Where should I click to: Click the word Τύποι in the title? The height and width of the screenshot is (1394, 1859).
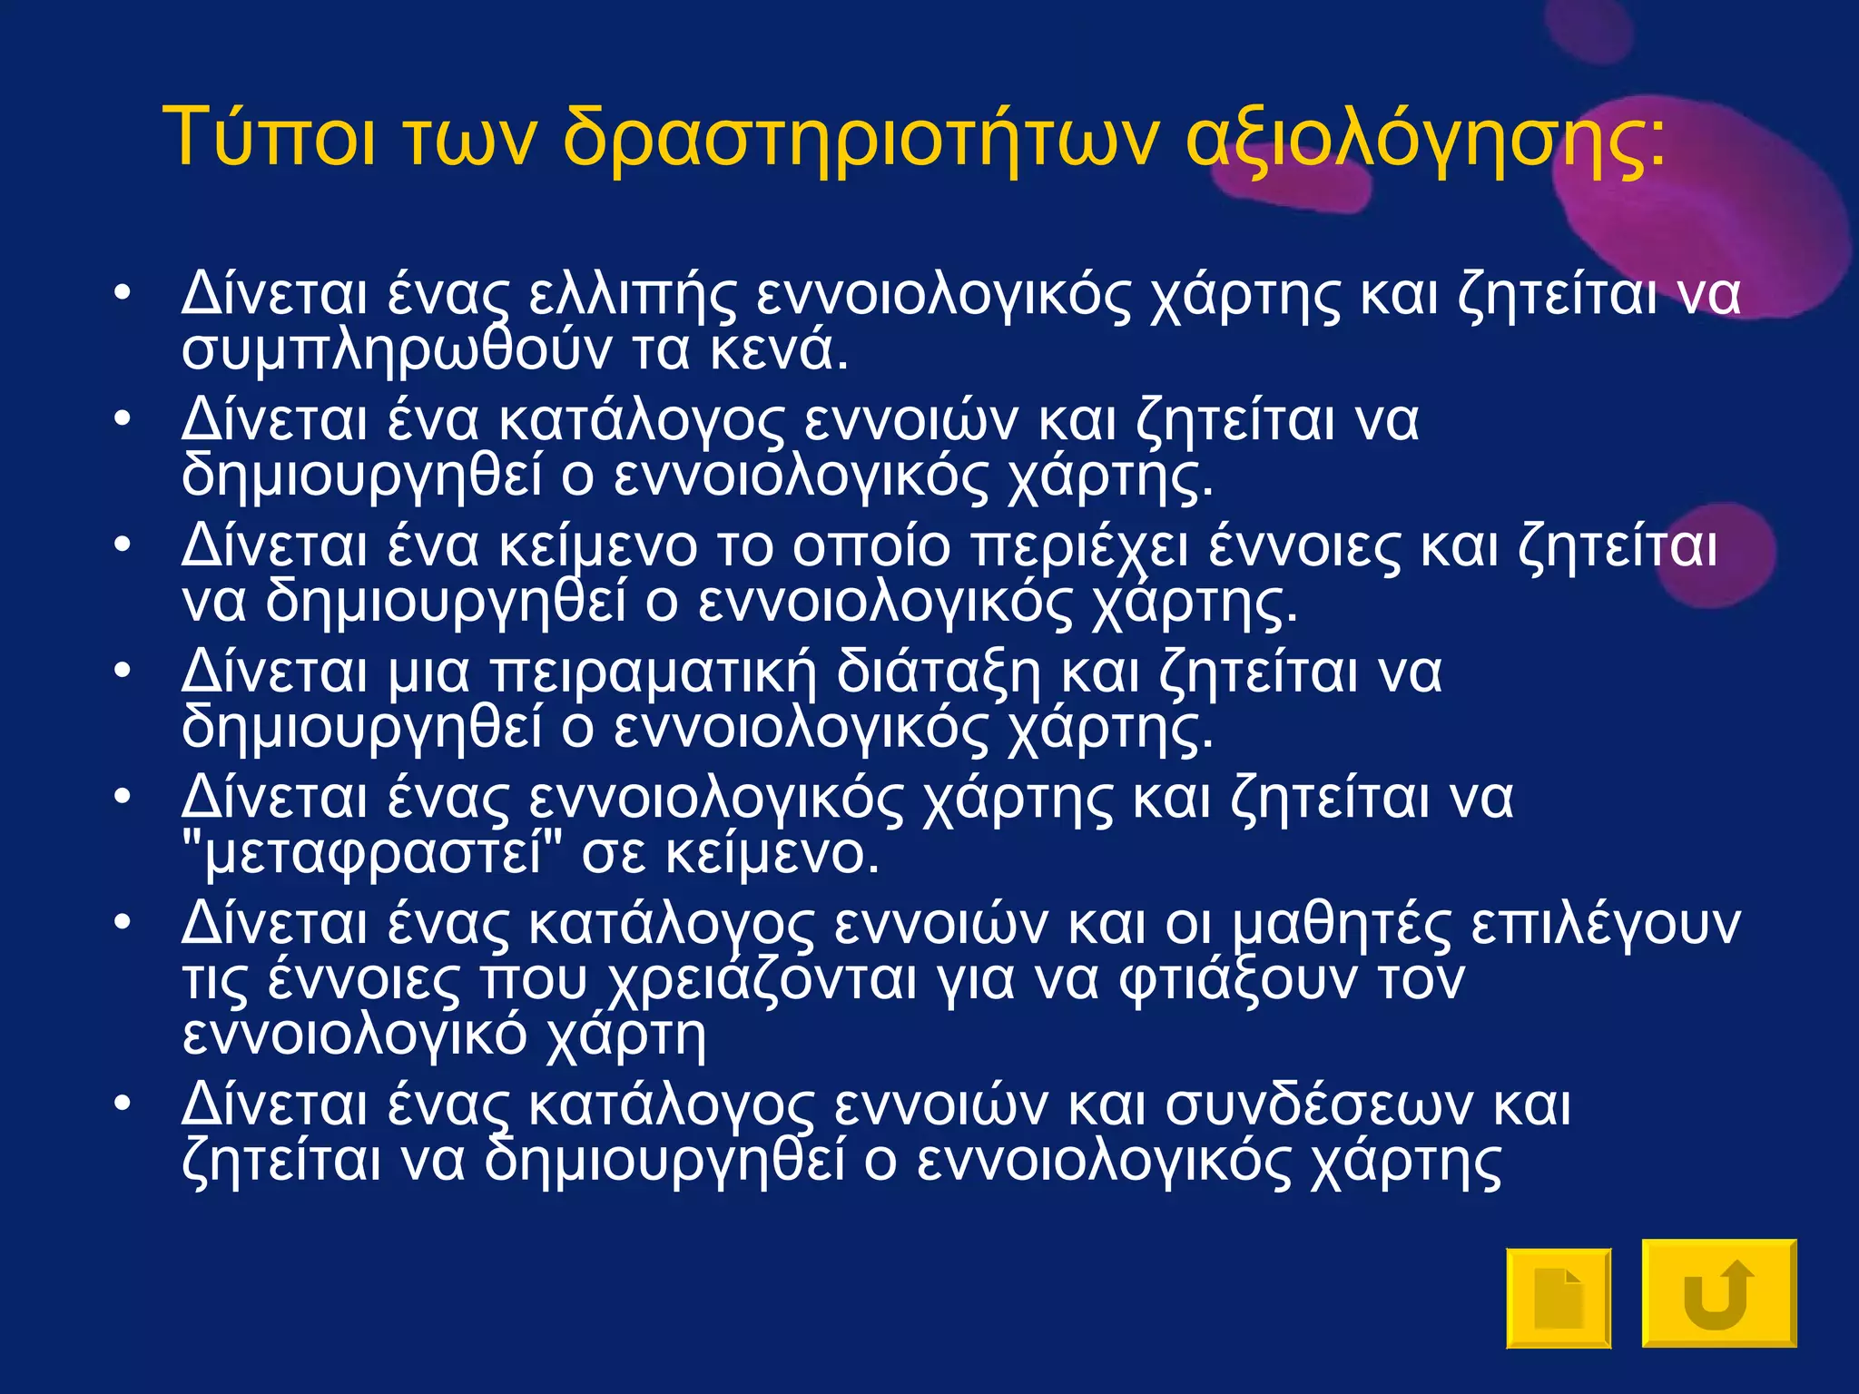(269, 138)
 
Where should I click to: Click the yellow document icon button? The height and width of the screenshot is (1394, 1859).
(1559, 1298)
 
